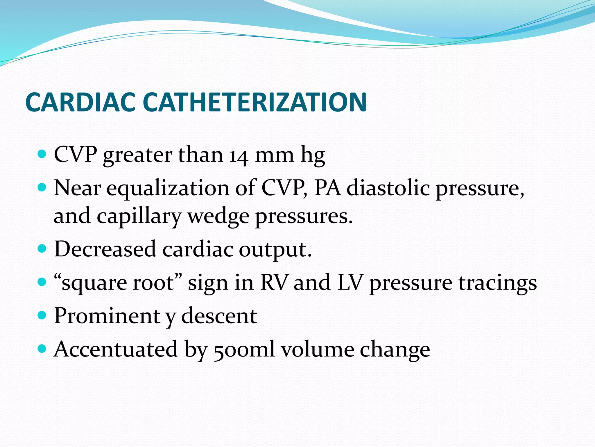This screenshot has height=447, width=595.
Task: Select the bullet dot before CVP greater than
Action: (42, 154)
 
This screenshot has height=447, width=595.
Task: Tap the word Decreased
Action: (105, 249)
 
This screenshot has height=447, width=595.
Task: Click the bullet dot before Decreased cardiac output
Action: (42, 249)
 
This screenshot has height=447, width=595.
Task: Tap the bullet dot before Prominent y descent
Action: (42, 315)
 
